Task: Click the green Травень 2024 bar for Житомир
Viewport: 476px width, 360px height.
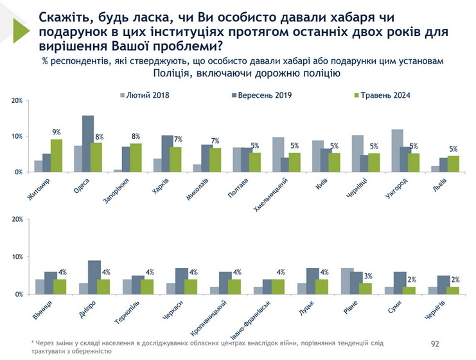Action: pyautogui.click(x=57, y=156)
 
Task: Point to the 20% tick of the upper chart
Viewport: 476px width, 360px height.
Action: pyautogui.click(x=17, y=101)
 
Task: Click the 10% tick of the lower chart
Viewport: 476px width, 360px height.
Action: pyautogui.click(x=17, y=257)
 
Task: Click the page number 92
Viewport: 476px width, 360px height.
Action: pyautogui.click(x=434, y=345)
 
